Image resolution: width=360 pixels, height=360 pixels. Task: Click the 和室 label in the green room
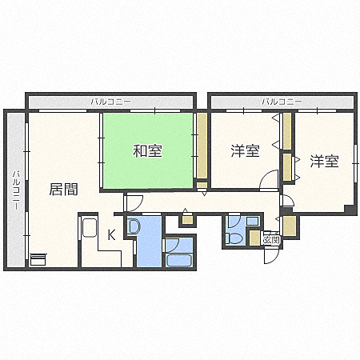(x=148, y=150)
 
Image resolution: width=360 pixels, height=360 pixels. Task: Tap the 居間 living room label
(x=63, y=190)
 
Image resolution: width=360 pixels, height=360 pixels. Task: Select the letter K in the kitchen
(x=111, y=234)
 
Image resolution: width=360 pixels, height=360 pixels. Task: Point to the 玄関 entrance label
(x=270, y=239)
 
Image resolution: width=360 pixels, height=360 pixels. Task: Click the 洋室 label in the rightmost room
(x=324, y=162)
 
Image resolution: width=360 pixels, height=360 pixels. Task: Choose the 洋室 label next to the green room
(x=245, y=150)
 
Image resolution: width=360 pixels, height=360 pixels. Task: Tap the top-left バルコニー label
(x=110, y=102)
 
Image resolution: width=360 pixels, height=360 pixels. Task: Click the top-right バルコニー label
(x=282, y=102)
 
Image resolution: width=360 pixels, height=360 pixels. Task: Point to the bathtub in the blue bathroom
(x=178, y=260)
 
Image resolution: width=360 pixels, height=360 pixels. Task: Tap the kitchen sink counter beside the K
(x=90, y=228)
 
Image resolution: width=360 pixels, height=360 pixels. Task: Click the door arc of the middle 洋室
(x=270, y=182)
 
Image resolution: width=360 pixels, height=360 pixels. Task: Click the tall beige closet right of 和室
(x=202, y=148)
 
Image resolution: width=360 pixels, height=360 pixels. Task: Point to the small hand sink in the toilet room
(x=253, y=221)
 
